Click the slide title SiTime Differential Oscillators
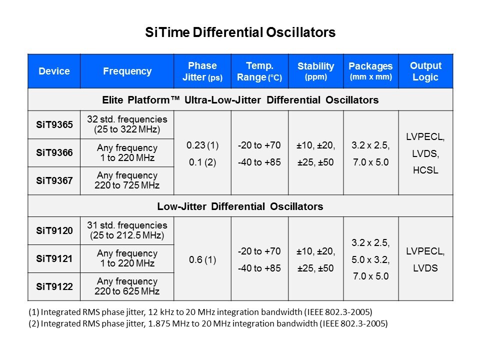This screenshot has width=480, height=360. click(x=240, y=33)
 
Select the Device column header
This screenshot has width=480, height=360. click(x=54, y=71)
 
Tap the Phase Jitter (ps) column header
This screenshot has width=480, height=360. click(x=202, y=71)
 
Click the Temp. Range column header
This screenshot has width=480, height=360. click(x=260, y=71)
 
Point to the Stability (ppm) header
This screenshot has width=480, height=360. click(x=315, y=71)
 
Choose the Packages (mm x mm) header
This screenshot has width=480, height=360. click(x=370, y=71)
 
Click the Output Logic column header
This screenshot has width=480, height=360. click(x=425, y=71)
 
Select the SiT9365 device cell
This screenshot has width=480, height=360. click(x=54, y=124)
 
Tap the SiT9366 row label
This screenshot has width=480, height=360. click(x=54, y=152)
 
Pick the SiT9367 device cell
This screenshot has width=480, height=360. click(x=54, y=180)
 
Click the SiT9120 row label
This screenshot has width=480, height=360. click(x=54, y=230)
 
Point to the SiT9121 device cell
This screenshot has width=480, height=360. click(x=54, y=258)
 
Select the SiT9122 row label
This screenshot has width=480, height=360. click(x=54, y=286)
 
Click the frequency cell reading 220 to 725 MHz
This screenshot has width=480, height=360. click(x=127, y=180)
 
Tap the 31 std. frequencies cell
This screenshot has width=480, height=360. click(x=127, y=230)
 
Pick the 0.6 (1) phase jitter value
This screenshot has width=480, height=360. click(x=202, y=259)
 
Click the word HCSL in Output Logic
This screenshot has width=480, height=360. click(x=425, y=170)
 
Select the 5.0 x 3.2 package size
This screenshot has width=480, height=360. click(x=370, y=259)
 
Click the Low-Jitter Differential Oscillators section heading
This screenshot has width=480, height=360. click(x=240, y=206)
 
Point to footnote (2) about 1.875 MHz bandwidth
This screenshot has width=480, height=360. click(x=208, y=323)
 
